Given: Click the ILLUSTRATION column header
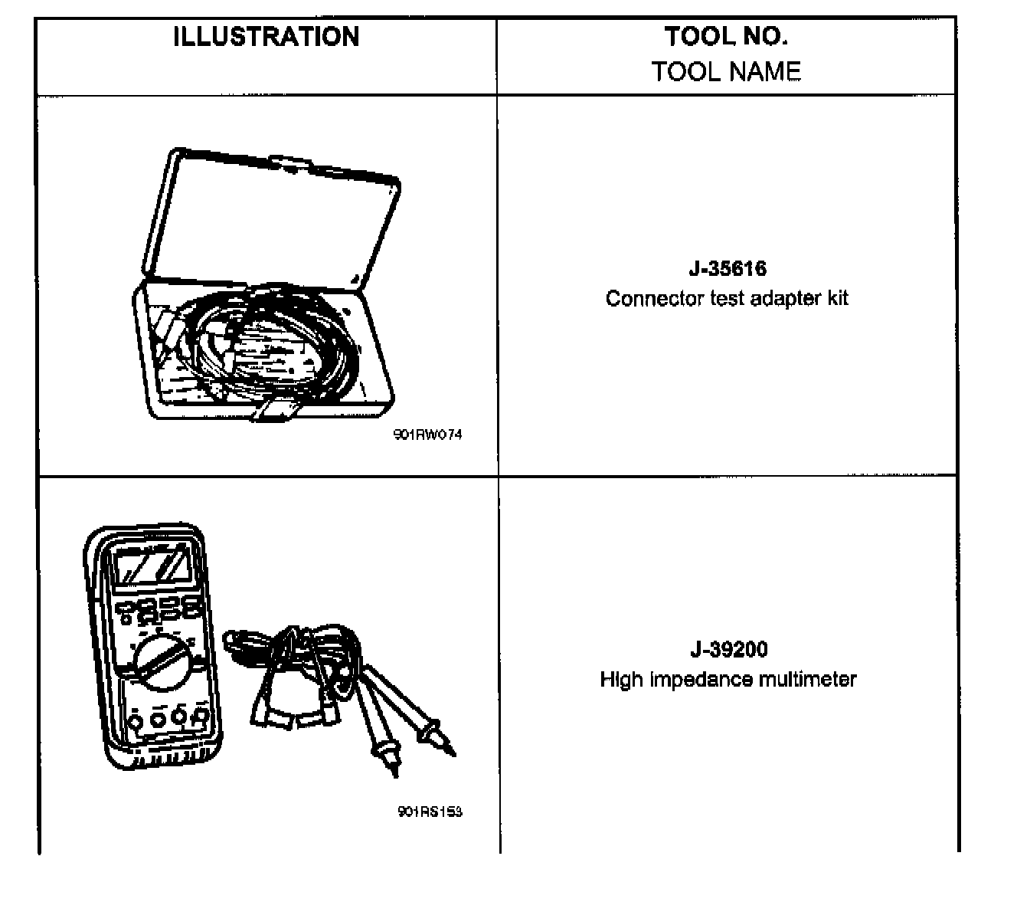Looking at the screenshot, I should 267,37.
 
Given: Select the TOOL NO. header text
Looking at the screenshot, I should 726,36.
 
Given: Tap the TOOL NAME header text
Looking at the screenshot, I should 726,71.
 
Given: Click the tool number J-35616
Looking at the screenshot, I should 727,269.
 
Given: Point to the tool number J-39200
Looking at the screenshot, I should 728,650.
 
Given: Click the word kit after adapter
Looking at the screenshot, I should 837,298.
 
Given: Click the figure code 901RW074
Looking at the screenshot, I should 429,435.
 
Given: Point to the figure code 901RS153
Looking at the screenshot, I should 430,812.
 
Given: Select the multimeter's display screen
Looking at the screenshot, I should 152,567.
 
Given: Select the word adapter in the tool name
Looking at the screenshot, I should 787,298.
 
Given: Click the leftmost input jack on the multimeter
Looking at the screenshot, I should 135,720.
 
